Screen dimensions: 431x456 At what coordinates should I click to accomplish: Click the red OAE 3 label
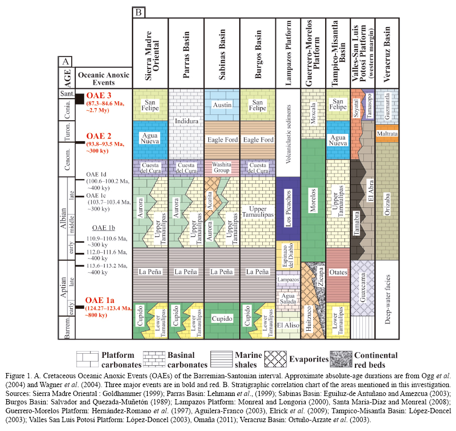coord(98,96)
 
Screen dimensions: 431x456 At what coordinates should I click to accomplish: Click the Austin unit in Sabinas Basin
coord(221,105)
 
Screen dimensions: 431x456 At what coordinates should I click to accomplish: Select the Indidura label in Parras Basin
coord(186,122)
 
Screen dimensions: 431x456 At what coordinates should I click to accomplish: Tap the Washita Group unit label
coord(221,168)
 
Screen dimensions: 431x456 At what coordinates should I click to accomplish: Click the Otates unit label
coord(339,273)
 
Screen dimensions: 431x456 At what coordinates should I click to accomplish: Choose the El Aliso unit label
coord(288,325)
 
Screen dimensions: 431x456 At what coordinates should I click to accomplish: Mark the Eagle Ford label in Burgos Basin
coord(257,140)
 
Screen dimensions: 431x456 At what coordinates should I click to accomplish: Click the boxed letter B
coord(139,12)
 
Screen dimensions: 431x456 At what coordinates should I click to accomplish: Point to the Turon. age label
coord(66,134)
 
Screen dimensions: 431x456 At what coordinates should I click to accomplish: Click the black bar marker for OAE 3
coord(80,98)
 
